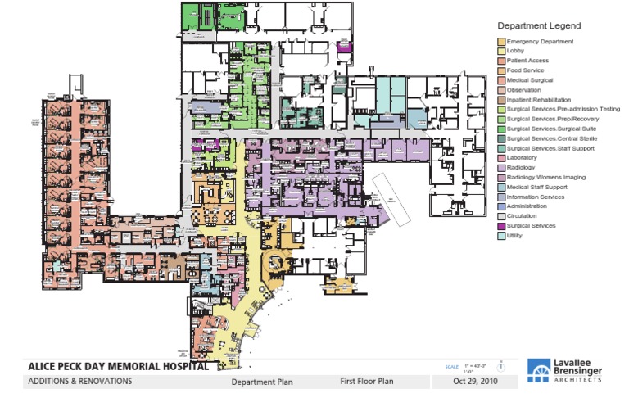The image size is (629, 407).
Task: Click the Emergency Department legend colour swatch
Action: click(x=501, y=42)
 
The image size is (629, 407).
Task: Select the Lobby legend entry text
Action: click(x=516, y=52)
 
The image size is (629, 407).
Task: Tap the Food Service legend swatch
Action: click(x=501, y=71)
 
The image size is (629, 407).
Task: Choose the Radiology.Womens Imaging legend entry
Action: click(x=546, y=177)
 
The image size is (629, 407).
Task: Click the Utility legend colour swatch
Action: click(x=501, y=236)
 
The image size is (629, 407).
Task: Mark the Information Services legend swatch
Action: click(x=501, y=197)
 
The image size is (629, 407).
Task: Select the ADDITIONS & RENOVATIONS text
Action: click(x=79, y=382)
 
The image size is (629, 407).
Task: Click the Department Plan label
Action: click(x=261, y=382)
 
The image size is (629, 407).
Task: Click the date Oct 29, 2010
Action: click(x=476, y=382)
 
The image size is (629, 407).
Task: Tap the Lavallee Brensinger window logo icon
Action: click(x=541, y=373)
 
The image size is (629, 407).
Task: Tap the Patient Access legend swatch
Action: click(x=501, y=61)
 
